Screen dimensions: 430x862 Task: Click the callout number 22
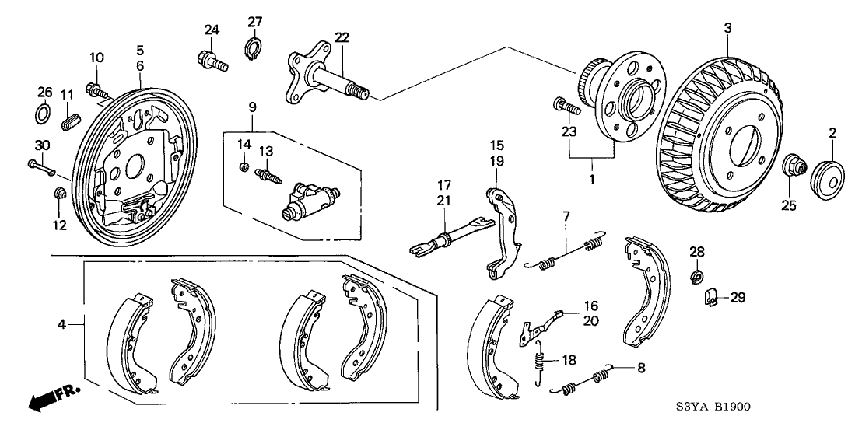[342, 37]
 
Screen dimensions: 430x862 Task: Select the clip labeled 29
[710, 296]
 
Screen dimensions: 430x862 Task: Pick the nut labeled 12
[61, 192]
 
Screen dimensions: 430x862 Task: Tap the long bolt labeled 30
[40, 165]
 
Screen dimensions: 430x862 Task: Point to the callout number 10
[96, 58]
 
